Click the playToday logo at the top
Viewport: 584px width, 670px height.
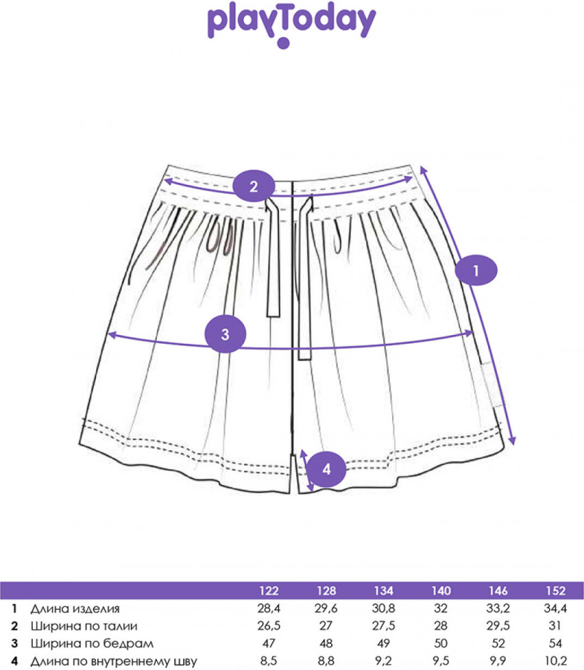(292, 25)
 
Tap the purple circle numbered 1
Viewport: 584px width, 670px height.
(476, 271)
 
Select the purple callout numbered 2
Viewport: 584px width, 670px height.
(253, 186)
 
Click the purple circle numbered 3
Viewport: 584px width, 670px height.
(225, 334)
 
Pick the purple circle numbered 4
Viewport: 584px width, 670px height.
(327, 469)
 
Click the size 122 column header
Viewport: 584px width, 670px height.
(269, 591)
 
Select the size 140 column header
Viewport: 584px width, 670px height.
(441, 591)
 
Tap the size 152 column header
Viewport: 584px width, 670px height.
(556, 591)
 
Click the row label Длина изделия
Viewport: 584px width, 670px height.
(75, 608)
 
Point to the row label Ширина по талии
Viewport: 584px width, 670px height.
(84, 626)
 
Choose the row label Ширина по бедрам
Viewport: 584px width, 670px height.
(91, 643)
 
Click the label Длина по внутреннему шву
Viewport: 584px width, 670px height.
(113, 661)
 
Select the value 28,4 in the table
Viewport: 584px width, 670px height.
(269, 608)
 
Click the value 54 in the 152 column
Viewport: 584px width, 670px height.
(556, 643)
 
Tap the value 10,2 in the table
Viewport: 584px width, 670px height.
(556, 661)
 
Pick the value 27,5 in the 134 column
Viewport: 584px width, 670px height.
(384, 626)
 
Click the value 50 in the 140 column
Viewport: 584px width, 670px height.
(441, 643)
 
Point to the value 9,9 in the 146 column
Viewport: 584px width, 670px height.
(498, 661)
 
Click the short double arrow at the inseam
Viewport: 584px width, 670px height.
(306, 470)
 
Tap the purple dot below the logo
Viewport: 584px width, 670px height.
(284, 43)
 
